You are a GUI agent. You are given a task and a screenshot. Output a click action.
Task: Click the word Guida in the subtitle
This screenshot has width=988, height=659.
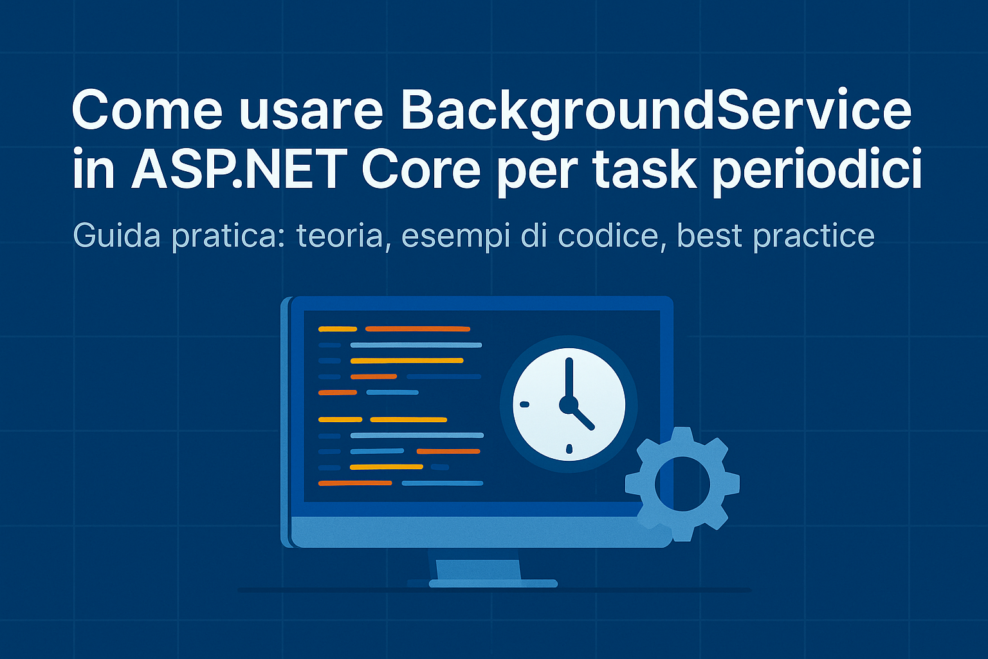[x=116, y=236]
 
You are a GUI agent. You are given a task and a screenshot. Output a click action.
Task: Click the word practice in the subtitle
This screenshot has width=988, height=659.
[x=813, y=237]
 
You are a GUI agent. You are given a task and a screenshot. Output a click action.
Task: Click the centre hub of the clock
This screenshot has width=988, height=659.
[x=569, y=405]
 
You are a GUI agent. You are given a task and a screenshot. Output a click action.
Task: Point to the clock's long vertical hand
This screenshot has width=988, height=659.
[x=569, y=380]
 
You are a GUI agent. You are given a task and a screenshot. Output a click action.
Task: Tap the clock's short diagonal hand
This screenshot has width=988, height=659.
[x=582, y=417]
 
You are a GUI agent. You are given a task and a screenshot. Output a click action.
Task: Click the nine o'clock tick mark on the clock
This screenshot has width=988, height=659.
[x=524, y=404]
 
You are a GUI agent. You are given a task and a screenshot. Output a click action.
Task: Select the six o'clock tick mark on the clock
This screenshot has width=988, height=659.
[x=569, y=449]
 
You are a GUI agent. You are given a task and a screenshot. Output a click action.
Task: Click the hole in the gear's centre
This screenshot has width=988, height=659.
[x=682, y=484]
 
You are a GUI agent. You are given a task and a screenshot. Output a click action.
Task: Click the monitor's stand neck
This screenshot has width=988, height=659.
[x=478, y=570]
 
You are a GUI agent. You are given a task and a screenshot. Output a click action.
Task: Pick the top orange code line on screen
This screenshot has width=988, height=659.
[x=417, y=329]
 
